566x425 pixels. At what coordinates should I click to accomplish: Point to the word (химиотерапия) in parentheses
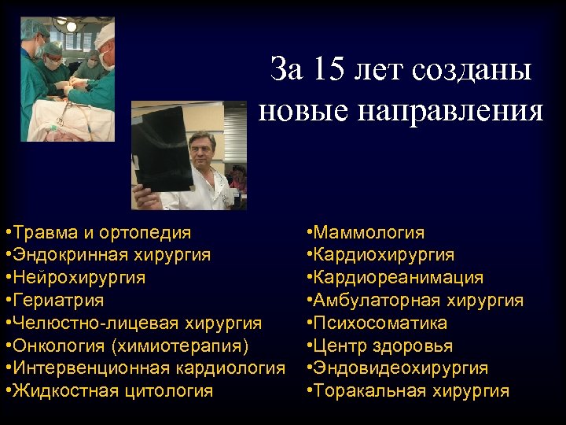[x=181, y=346]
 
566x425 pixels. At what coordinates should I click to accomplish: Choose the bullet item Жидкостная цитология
[x=111, y=391]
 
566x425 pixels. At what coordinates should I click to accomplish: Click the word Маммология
[x=369, y=233]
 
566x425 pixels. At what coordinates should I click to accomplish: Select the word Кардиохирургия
[x=384, y=255]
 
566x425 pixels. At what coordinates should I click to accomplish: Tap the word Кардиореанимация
[x=399, y=278]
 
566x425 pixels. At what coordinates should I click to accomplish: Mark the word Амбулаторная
[x=377, y=301]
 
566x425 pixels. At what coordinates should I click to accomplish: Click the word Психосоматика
[x=380, y=323]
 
